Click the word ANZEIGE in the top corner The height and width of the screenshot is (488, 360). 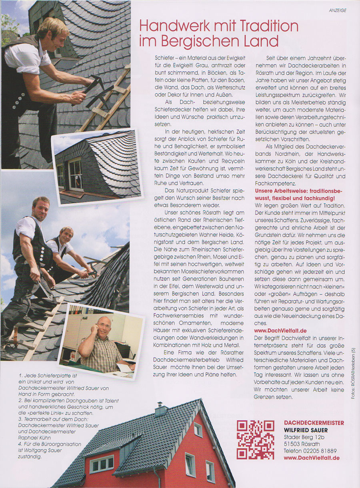[338, 11]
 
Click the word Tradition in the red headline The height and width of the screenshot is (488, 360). [267, 26]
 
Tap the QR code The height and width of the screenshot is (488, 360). [255, 439]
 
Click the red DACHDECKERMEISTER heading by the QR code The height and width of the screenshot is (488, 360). [314, 423]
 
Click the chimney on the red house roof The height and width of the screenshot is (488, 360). [161, 409]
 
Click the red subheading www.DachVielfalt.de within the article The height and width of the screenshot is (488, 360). [280, 331]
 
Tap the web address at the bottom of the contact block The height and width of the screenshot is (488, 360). [311, 458]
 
